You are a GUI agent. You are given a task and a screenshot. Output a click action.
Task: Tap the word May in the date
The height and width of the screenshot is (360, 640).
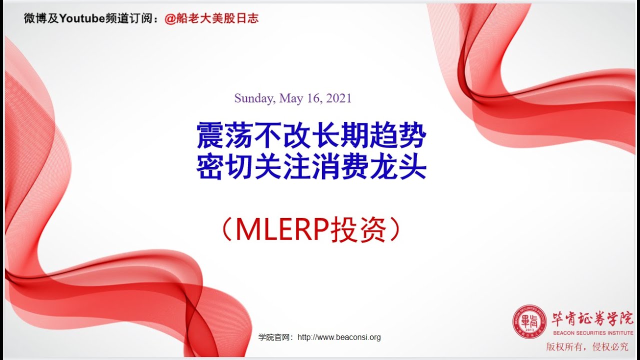[x=290, y=98]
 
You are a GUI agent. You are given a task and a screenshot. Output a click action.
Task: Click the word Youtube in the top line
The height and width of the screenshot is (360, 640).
[x=81, y=19]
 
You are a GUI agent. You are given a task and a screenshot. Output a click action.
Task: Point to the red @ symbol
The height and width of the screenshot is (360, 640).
[x=170, y=19]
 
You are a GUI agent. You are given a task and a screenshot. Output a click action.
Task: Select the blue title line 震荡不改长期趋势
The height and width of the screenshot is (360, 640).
[x=311, y=136]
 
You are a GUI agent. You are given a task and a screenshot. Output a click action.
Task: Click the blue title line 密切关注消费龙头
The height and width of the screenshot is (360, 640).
[x=311, y=168]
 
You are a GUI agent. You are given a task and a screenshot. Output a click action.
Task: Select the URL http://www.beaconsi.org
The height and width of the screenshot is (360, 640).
[x=339, y=337]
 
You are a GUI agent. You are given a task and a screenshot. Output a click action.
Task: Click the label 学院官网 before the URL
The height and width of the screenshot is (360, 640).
[x=274, y=337]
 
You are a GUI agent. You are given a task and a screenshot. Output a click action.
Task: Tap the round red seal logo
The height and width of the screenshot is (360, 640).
[x=529, y=321]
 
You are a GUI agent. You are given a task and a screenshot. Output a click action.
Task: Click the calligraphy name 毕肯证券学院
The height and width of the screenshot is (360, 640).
[x=592, y=318]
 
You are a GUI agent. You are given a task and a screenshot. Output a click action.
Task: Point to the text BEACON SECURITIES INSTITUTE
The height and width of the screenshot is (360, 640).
[x=592, y=332]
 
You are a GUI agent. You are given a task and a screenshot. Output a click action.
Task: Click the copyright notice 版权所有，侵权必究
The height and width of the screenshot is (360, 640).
[x=587, y=346]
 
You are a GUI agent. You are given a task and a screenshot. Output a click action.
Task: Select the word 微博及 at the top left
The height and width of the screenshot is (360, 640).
[x=41, y=19]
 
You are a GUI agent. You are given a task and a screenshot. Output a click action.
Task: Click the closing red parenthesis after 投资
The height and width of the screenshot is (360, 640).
[x=395, y=230]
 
